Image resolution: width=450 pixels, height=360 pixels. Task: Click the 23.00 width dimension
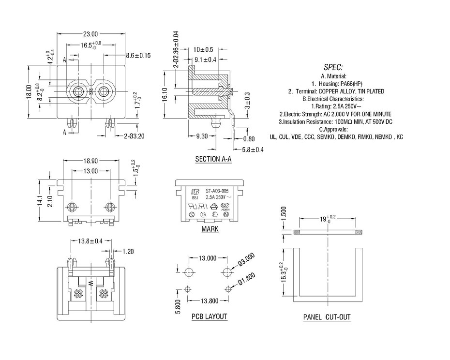coord(90,34)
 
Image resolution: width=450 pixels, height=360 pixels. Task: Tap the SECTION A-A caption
coord(213,159)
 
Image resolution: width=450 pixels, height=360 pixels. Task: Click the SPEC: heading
coord(333,67)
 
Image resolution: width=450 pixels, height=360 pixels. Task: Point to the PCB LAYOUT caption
coord(209,317)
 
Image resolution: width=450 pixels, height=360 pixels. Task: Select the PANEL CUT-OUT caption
coord(327,317)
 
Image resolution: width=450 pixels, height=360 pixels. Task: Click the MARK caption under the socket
coord(210,229)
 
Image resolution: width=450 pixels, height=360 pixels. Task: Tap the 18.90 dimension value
coord(92,161)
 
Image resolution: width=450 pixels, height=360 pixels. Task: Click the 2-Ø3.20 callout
coord(134,136)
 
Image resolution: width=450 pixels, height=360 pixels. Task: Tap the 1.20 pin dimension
coord(128,251)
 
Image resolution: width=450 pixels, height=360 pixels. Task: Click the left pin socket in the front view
coord(77,91)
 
